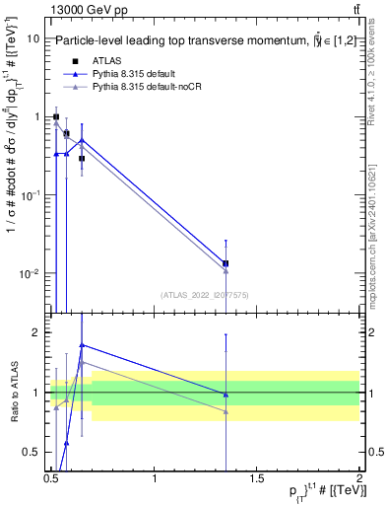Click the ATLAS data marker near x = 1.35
(226, 263)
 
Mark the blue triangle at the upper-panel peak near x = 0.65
(82, 140)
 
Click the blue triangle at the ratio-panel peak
(82, 345)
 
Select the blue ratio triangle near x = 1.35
(226, 395)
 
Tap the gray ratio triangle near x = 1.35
(226, 411)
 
